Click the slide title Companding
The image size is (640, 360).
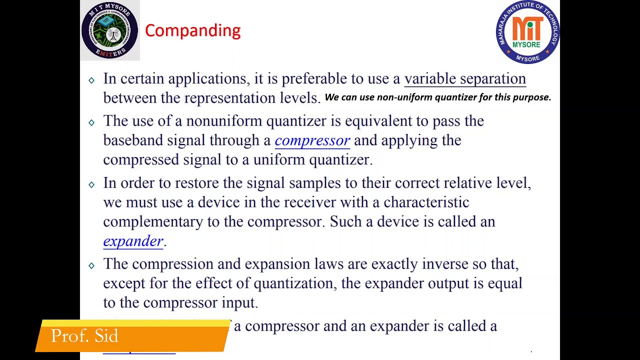192,30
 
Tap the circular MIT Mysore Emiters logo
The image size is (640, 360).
109,30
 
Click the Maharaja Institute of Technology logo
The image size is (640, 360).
527,32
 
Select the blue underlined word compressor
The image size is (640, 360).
312,141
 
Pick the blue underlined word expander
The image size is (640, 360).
133,241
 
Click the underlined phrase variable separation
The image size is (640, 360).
464,79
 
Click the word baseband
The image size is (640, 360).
133,140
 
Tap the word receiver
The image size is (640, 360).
309,202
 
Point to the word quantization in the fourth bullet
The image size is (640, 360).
296,283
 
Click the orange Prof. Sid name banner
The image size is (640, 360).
132,336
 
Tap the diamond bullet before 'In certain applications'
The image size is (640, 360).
91,80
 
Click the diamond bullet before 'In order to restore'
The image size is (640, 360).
91,184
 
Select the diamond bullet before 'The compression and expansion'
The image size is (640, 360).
91,265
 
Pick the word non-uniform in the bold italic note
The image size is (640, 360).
404,97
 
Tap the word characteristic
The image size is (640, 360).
426,202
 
